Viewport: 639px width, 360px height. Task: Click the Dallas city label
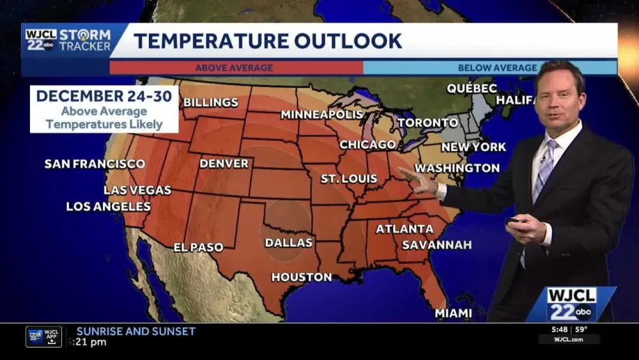point(289,243)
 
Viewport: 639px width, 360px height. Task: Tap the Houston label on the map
point(302,278)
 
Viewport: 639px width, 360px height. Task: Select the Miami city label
point(453,313)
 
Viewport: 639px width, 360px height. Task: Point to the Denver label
point(224,164)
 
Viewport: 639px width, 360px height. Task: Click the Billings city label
point(211,102)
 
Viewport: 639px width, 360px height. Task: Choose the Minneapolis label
point(321,115)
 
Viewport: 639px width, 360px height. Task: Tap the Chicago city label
point(367,145)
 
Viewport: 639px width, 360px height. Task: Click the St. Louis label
point(349,179)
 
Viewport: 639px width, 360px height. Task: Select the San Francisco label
point(95,164)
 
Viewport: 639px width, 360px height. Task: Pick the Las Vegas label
point(137,190)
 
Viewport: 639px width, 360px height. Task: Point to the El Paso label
point(198,247)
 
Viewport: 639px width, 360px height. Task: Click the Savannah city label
point(437,245)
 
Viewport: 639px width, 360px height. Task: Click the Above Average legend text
point(234,68)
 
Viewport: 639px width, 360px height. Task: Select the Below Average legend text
point(497,68)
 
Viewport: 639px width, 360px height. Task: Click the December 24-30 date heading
point(104,96)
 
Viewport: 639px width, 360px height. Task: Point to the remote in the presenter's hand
point(513,222)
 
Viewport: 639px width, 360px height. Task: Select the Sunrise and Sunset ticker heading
point(136,331)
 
